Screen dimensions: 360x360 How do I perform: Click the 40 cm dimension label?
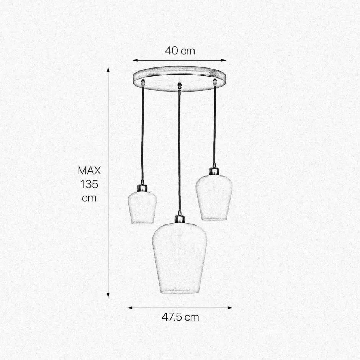coord(180,51)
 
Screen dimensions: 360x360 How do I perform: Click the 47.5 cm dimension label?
coord(180,317)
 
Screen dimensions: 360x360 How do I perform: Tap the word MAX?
coord(89,170)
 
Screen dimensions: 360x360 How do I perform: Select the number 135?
coord(89,184)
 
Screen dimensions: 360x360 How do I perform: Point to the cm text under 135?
coord(89,198)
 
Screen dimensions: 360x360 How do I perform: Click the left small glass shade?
coord(142,208)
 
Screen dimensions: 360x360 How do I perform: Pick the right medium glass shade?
coord(214,198)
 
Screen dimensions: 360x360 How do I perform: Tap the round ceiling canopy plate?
coord(179,79)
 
